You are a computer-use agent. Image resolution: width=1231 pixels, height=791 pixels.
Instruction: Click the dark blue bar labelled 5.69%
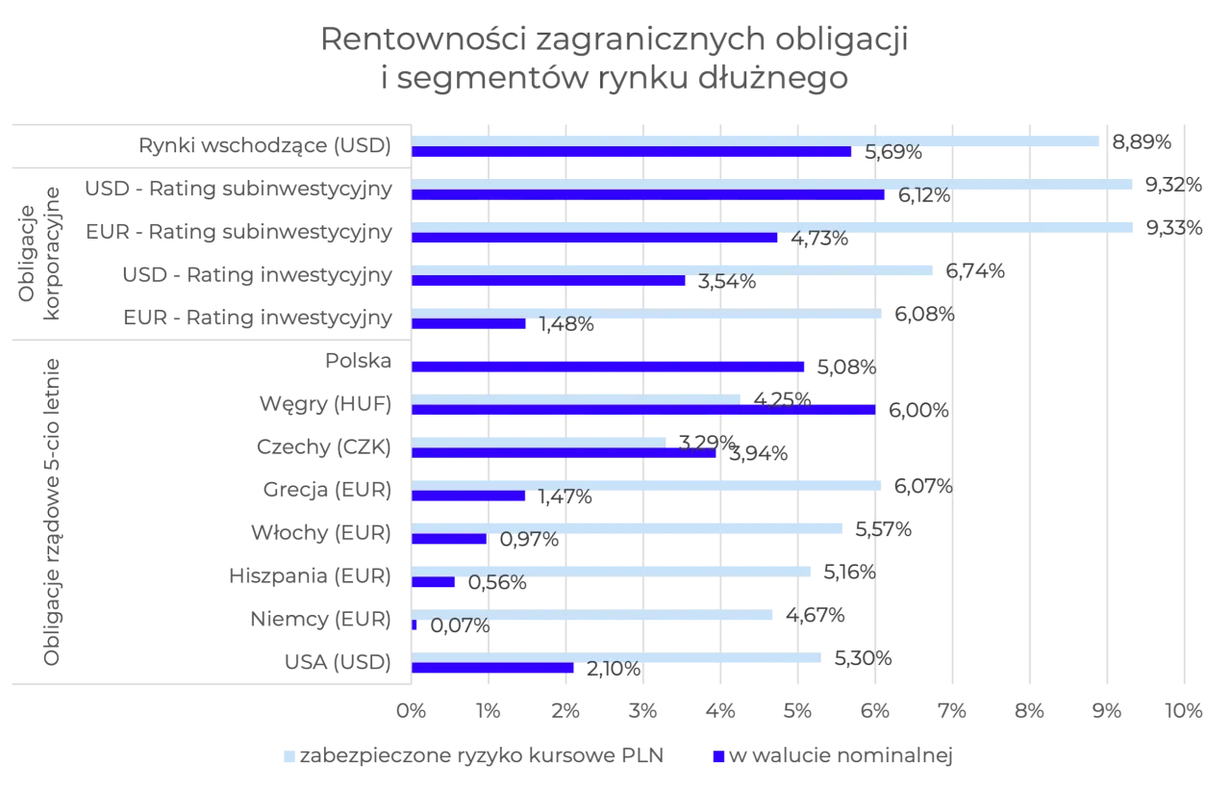[632, 152]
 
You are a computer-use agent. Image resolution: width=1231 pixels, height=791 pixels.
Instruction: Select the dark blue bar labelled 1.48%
[470, 324]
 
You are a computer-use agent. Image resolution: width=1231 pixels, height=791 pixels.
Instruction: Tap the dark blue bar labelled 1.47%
[469, 497]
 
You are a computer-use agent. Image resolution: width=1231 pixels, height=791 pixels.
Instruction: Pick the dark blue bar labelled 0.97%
[450, 539]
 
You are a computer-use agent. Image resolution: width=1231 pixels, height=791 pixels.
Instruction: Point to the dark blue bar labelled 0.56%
[434, 582]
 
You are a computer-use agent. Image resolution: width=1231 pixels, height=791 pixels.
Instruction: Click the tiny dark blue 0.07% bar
[415, 625]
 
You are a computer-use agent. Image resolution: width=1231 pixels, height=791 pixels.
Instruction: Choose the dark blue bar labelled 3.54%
[549, 281]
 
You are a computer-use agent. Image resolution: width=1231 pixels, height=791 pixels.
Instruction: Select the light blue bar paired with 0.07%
[594, 615]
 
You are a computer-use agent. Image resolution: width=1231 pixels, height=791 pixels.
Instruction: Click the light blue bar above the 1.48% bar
[647, 314]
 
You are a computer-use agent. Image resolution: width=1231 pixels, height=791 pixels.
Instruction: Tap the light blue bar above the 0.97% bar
[629, 528]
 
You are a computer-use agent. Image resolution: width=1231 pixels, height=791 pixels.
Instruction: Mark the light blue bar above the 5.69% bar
[755, 141]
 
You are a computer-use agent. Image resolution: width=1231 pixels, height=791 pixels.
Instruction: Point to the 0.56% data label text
[497, 582]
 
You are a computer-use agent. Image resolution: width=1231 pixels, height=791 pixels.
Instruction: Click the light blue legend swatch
[289, 758]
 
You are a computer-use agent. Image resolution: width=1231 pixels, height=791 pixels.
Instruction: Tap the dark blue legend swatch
[717, 758]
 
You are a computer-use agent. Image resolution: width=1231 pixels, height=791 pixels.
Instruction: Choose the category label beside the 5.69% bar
[265, 145]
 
